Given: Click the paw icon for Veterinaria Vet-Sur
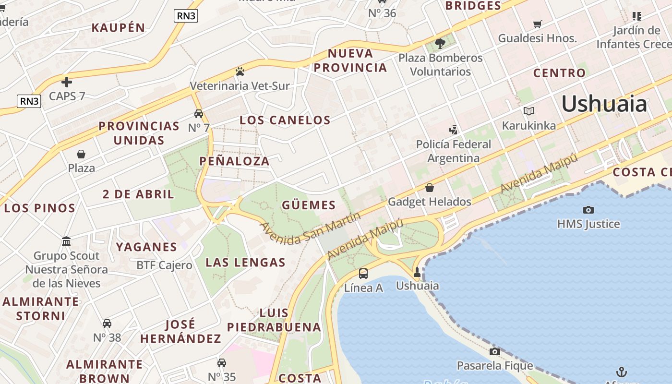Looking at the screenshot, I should [240, 72].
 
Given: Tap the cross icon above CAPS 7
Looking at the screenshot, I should [67, 82].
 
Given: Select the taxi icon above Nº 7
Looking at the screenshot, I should [199, 114].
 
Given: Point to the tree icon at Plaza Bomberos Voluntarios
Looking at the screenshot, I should [440, 44].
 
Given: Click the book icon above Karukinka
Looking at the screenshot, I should [529, 111].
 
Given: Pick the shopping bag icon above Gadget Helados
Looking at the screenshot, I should [430, 188].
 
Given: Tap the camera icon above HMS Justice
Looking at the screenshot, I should [588, 210].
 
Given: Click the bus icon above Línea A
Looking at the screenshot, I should [363, 274].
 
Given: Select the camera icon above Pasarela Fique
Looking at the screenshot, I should [494, 352].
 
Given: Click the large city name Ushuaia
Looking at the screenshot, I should [604, 104].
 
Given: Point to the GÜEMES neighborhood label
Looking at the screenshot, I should [309, 205].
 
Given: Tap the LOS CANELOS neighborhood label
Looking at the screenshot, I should [285, 120].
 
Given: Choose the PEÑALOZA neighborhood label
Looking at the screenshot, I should [234, 161].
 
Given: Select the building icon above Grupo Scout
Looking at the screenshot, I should [67, 241].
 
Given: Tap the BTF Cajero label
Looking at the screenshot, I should [164, 265].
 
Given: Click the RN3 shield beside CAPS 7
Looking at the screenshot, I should [29, 101].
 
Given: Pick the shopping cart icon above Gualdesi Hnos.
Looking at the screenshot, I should [538, 24].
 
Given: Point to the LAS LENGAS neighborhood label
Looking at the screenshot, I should [245, 263].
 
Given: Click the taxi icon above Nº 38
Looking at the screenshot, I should [107, 324].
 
